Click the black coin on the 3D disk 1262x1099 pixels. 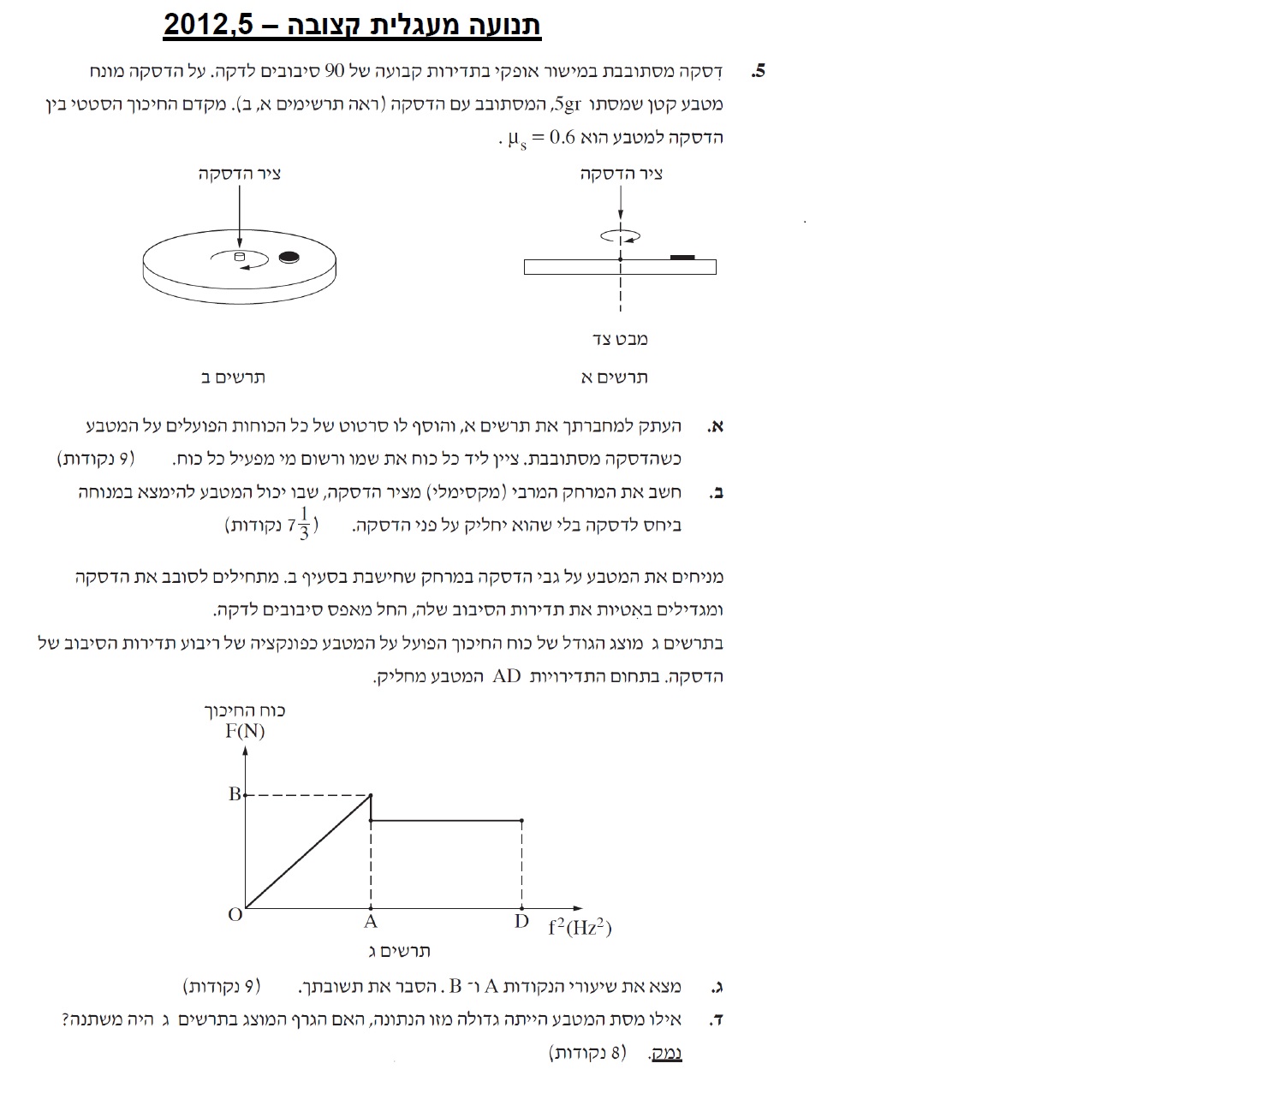click(x=289, y=256)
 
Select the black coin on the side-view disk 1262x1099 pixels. click(x=682, y=257)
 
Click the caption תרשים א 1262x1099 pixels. click(x=614, y=377)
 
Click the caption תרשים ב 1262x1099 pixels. click(x=232, y=377)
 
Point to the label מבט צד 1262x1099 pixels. click(x=620, y=339)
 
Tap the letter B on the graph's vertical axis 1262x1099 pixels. click(x=234, y=794)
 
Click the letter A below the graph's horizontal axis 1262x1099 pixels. click(x=371, y=922)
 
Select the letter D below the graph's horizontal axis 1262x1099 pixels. click(x=521, y=922)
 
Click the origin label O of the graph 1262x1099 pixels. click(x=235, y=915)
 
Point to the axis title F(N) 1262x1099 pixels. click(x=245, y=731)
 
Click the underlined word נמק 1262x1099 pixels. click(x=666, y=1053)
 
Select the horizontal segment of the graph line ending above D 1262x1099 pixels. click(x=446, y=820)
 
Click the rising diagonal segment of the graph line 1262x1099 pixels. click(x=308, y=851)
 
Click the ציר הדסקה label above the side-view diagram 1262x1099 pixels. click(x=621, y=175)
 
